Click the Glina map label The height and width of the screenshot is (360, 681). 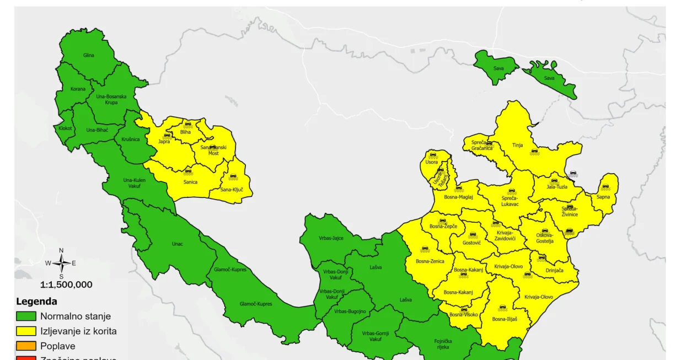pyautogui.click(x=89, y=55)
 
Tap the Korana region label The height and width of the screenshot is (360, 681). pyautogui.click(x=78, y=89)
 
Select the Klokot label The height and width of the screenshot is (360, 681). pyautogui.click(x=65, y=128)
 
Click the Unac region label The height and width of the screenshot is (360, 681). pyautogui.click(x=177, y=244)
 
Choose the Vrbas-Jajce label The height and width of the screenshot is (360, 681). pyautogui.click(x=331, y=238)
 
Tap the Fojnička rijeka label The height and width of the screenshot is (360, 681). pyautogui.click(x=443, y=344)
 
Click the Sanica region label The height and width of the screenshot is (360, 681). pyautogui.click(x=190, y=182)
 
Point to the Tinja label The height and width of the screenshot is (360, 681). pyautogui.click(x=517, y=146)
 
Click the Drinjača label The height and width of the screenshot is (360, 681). pyautogui.click(x=554, y=271)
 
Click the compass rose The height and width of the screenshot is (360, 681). pyautogui.click(x=61, y=264)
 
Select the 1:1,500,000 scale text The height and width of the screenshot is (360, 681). pyautogui.click(x=66, y=285)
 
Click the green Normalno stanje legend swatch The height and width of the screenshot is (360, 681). pyautogui.click(x=25, y=316)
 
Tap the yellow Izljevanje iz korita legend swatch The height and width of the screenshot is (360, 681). pyautogui.click(x=25, y=331)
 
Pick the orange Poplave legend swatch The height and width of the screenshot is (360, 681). pyautogui.click(x=25, y=346)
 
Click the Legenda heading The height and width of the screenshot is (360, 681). pyautogui.click(x=36, y=302)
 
